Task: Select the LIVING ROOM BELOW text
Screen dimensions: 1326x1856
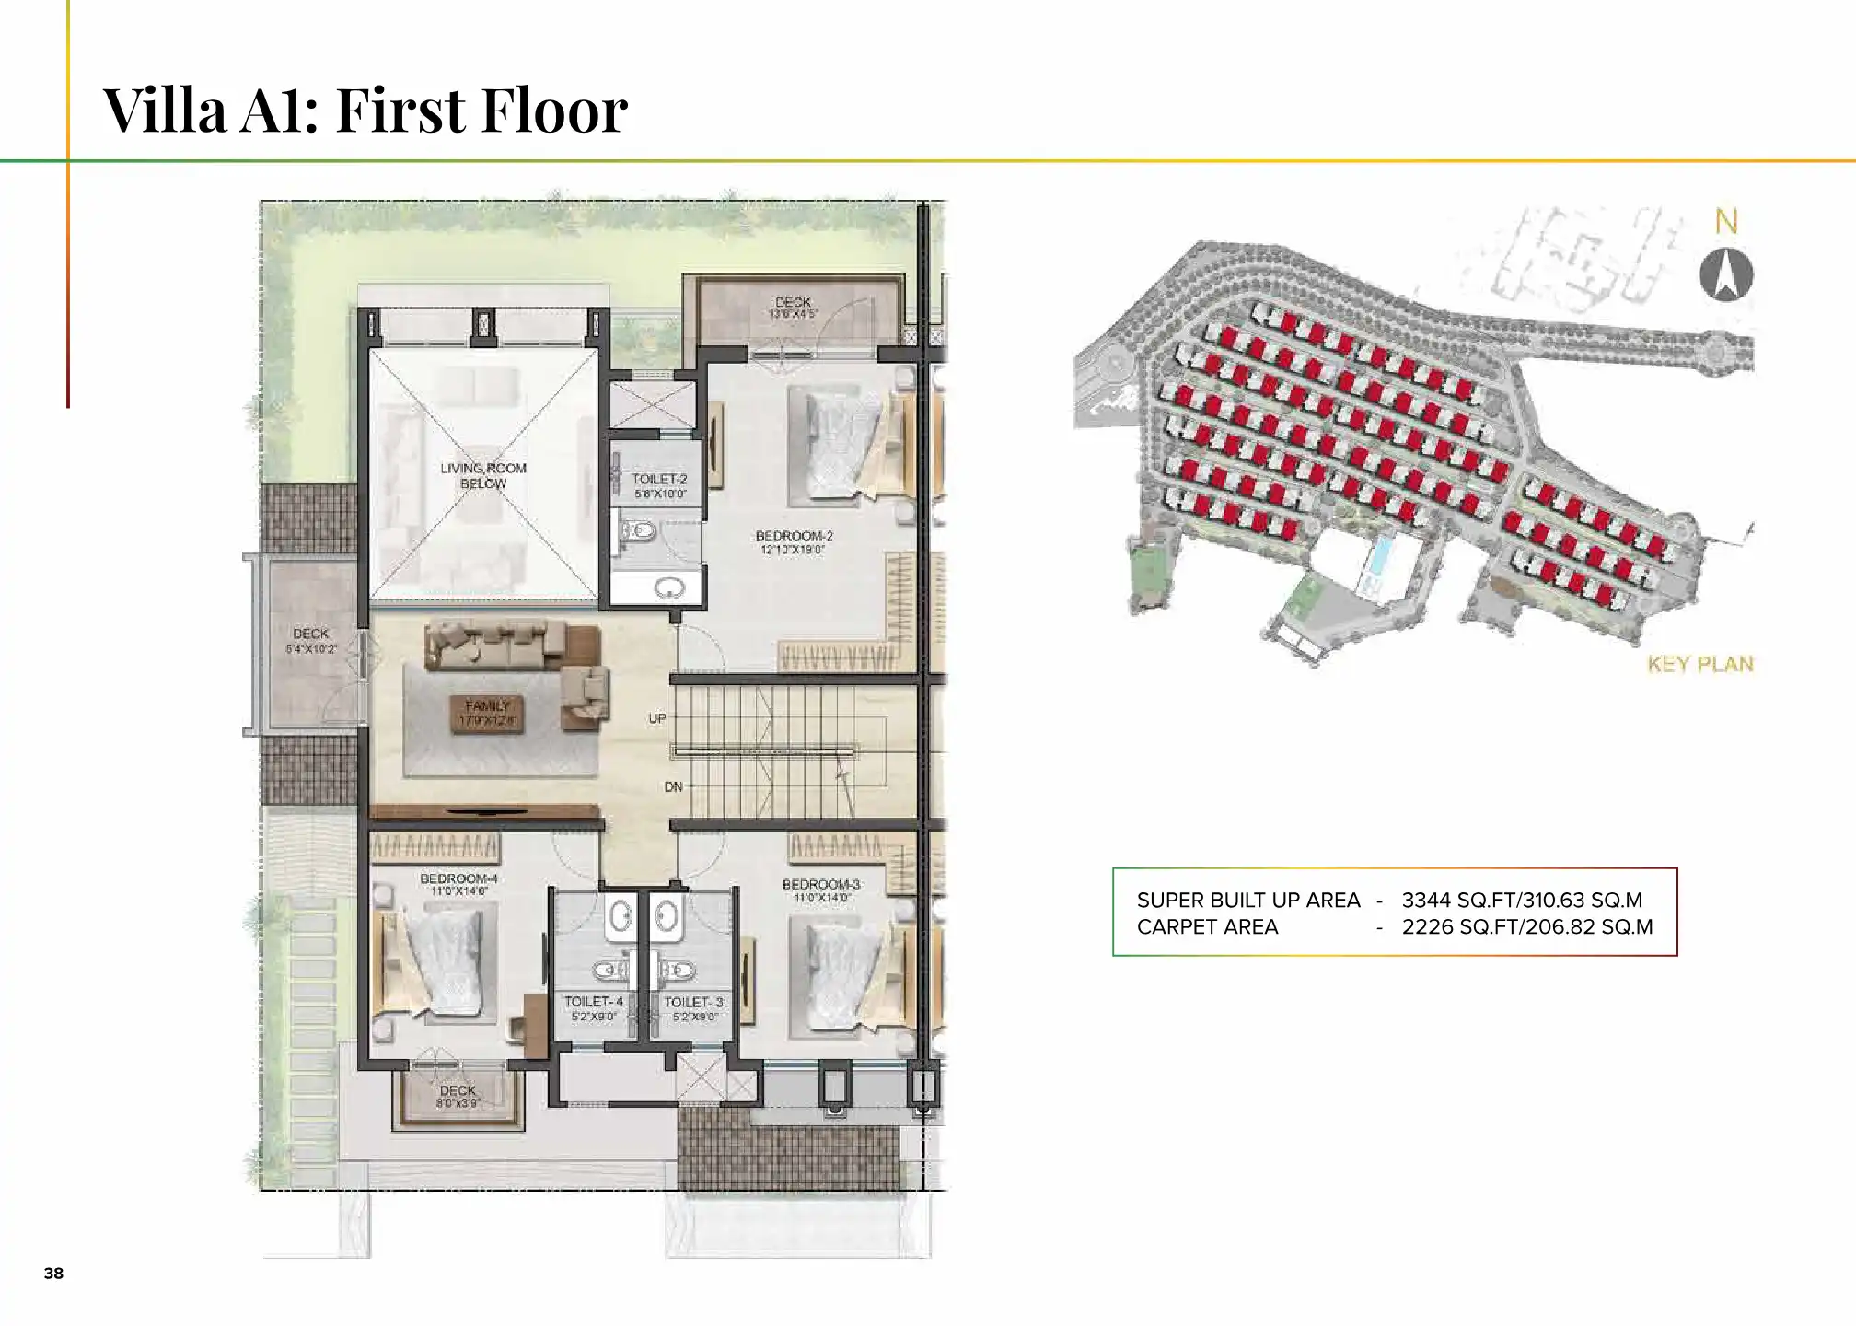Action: [482, 475]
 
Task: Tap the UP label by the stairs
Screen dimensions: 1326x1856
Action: [656, 718]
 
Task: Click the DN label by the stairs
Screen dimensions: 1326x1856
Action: [673, 787]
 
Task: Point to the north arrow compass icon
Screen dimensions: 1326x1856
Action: [1725, 274]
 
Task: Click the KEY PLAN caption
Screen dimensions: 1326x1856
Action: [1699, 664]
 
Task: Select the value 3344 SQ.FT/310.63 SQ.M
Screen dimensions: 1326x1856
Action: [1522, 900]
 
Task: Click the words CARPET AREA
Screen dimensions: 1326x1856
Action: [1207, 927]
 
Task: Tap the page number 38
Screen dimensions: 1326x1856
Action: [53, 1274]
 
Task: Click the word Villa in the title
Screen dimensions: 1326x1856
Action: [164, 110]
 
